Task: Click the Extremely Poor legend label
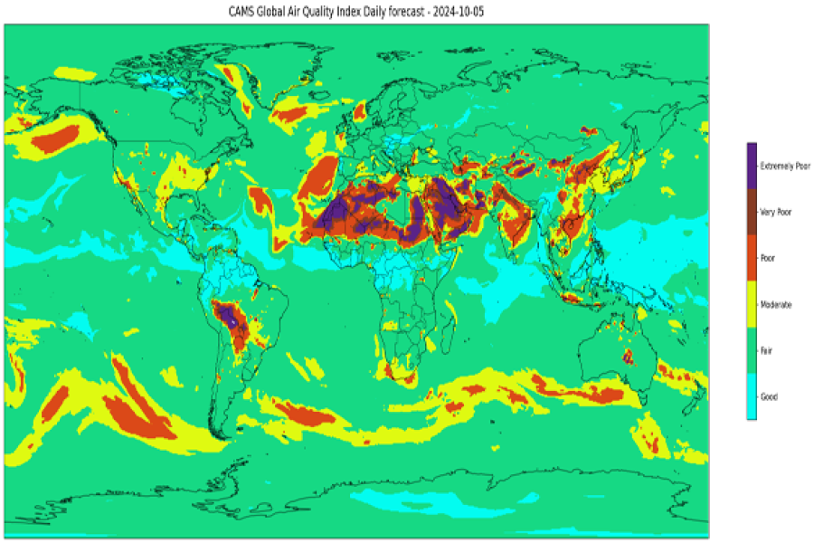point(785,166)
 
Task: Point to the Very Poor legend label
point(776,212)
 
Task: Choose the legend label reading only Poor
point(768,258)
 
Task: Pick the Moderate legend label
point(775,305)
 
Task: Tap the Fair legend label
point(767,350)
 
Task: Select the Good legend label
point(768,396)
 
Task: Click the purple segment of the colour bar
point(751,165)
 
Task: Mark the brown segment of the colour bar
point(751,212)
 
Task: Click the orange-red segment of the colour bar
point(751,258)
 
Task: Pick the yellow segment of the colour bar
point(751,304)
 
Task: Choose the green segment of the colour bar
point(751,350)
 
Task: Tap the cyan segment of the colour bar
point(751,396)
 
